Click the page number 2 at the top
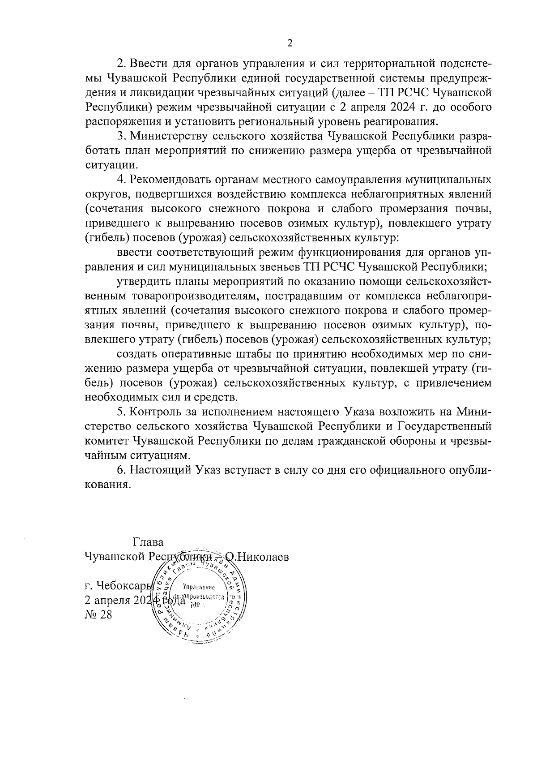290,43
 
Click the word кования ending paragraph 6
108,485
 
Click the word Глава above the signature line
148,542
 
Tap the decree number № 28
98,614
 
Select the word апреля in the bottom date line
112,601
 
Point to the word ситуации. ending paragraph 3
108,165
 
